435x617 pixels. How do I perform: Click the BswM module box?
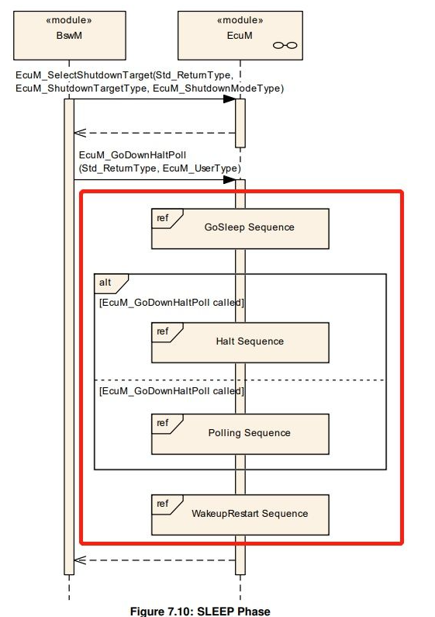pyautogui.click(x=70, y=36)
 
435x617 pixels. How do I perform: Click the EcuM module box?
pyautogui.click(x=240, y=36)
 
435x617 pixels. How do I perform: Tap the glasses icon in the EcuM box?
pyautogui.click(x=285, y=45)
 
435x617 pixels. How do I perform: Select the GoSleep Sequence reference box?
pyautogui.click(x=240, y=229)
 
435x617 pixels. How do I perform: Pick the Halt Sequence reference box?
pyautogui.click(x=240, y=342)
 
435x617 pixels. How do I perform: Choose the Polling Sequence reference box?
pyautogui.click(x=240, y=434)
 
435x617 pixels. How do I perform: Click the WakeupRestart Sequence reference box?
pyautogui.click(x=240, y=515)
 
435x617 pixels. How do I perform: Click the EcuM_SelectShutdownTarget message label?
pyautogui.click(x=150, y=81)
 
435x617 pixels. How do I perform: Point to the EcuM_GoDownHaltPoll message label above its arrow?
pyautogui.click(x=160, y=161)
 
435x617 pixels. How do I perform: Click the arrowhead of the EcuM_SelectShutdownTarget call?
pyautogui.click(x=230, y=99)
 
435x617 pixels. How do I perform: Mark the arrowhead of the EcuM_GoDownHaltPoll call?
pyautogui.click(x=230, y=180)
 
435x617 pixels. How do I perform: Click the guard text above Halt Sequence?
pyautogui.click(x=171, y=303)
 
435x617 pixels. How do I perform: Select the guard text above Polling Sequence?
pyautogui.click(x=171, y=391)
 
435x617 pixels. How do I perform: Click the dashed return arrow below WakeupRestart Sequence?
pyautogui.click(x=154, y=560)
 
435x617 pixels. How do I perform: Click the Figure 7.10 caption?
pyautogui.click(x=200, y=611)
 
